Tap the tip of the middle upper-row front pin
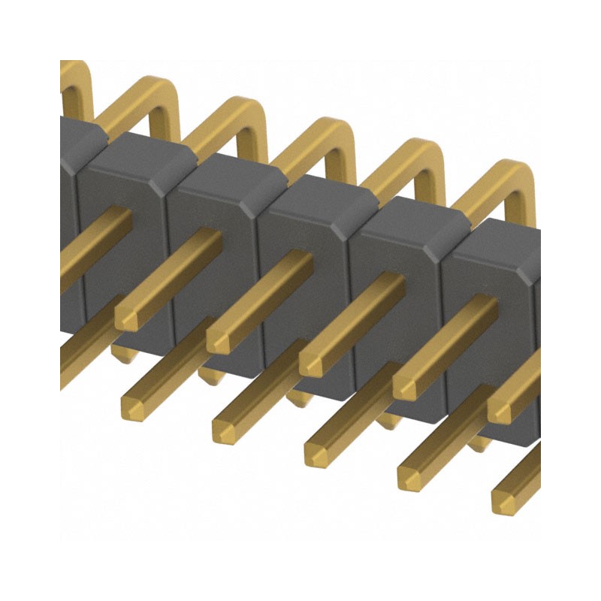[x=313, y=364]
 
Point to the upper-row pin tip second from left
[x=219, y=341]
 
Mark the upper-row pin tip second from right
[x=406, y=388]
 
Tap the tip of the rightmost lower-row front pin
[x=505, y=500]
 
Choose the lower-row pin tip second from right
[x=411, y=477]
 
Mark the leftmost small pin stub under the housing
[x=124, y=352]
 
